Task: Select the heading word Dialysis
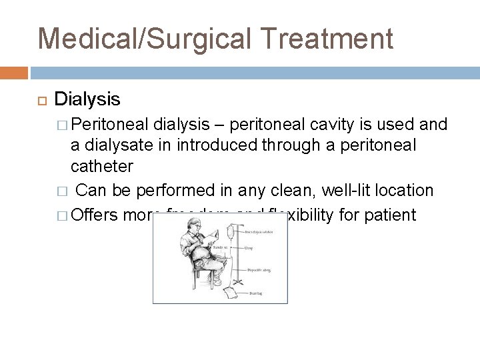coord(87,99)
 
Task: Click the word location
coord(407,191)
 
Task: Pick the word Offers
coord(94,215)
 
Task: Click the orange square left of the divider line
coord(13,71)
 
